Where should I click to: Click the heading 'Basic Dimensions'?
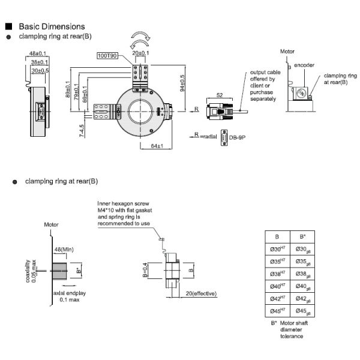pyautogui.click(x=52, y=27)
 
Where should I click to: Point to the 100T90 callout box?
pyautogui.click(x=109, y=56)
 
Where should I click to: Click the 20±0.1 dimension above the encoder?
pyautogui.click(x=141, y=53)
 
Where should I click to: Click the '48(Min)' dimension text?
pyautogui.click(x=64, y=249)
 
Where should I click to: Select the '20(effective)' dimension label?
pyautogui.click(x=203, y=293)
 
